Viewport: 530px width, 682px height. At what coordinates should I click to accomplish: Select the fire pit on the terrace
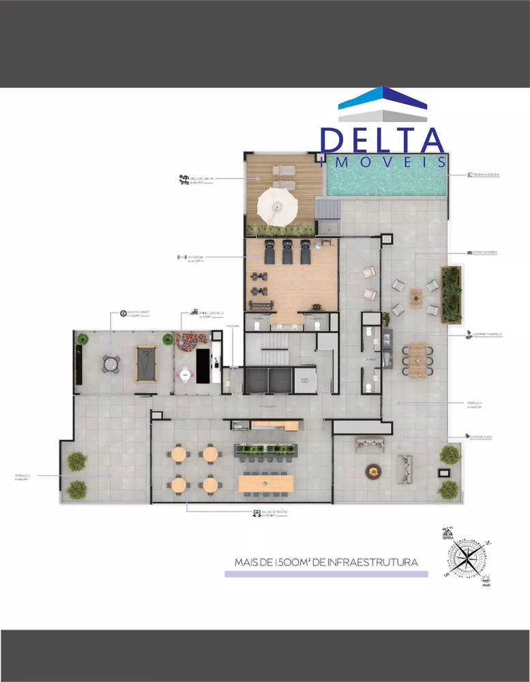click(x=372, y=470)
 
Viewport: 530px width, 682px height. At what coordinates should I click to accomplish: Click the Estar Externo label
click(x=484, y=252)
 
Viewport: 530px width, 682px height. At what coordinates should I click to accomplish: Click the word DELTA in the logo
click(x=382, y=140)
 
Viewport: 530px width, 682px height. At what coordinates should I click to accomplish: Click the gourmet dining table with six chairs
click(x=416, y=359)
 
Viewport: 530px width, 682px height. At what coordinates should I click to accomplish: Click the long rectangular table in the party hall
click(x=266, y=484)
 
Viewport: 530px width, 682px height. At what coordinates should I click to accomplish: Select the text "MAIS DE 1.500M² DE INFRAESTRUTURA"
click(x=325, y=563)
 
